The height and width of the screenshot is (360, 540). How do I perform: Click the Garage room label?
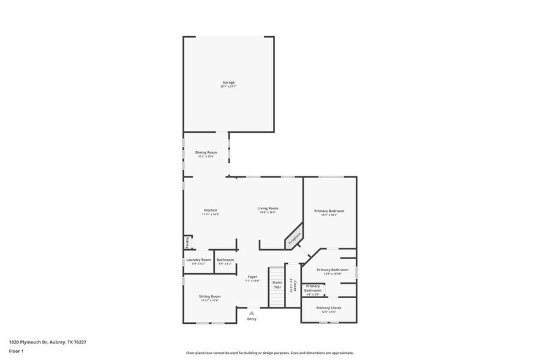(x=228, y=82)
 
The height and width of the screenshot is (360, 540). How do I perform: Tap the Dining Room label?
(x=206, y=152)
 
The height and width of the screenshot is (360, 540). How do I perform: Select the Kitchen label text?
(x=210, y=210)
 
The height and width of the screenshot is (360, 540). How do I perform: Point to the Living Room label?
(x=268, y=208)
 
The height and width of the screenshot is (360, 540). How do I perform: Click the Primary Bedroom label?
(x=329, y=211)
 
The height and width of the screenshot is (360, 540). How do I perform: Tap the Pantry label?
(x=187, y=242)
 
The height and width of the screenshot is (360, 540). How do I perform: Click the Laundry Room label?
(x=198, y=260)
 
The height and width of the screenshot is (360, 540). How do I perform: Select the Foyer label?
(x=252, y=277)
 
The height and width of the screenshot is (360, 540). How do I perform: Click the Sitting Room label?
(x=210, y=296)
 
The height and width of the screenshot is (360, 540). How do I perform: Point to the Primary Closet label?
(x=329, y=307)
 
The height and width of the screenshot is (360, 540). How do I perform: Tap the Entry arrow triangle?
(x=252, y=313)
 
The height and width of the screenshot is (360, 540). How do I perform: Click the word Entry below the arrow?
(x=252, y=319)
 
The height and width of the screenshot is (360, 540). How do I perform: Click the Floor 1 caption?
(x=16, y=351)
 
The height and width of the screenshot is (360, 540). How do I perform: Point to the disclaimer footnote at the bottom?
(x=269, y=353)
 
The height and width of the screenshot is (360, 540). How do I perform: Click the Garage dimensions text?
(x=228, y=87)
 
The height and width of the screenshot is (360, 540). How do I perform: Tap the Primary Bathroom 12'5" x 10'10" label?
(x=332, y=269)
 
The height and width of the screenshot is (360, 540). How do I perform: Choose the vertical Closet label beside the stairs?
(x=294, y=286)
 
